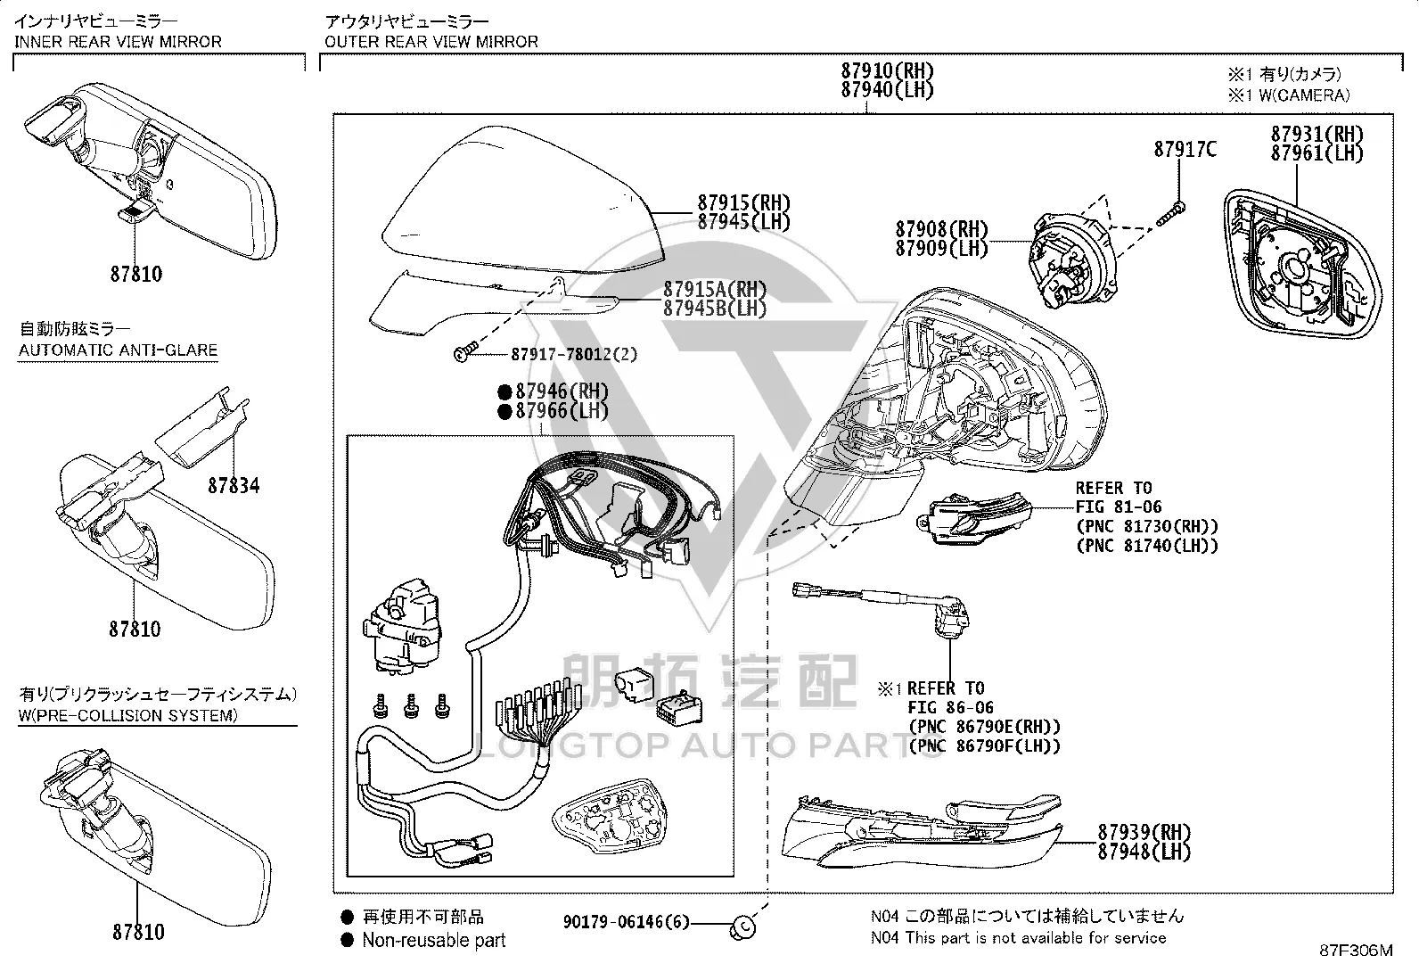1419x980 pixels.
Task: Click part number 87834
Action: point(234,486)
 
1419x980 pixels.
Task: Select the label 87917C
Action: point(1185,150)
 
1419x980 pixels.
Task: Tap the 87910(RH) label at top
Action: point(888,70)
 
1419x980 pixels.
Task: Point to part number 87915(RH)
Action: point(744,202)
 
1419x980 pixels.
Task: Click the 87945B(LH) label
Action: point(715,309)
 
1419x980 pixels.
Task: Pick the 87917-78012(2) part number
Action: point(574,354)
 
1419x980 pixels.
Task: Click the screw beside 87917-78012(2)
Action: point(466,352)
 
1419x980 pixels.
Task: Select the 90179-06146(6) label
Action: point(626,922)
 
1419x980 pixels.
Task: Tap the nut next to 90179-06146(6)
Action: point(742,928)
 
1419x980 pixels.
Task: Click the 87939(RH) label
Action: point(1144,832)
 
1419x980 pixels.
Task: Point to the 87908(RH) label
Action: point(941,229)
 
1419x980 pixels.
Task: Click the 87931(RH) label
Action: point(1317,135)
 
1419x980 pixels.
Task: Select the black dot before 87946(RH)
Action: point(504,392)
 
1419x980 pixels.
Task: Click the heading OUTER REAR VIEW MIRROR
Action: point(431,42)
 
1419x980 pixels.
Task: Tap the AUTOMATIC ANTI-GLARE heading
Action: point(118,350)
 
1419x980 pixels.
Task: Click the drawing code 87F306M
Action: point(1357,951)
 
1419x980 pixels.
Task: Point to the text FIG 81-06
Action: point(1119,507)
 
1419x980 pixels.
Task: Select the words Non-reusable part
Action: point(434,940)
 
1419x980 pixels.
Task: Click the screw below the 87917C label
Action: point(1171,214)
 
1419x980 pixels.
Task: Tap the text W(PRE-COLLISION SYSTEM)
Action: point(128,716)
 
